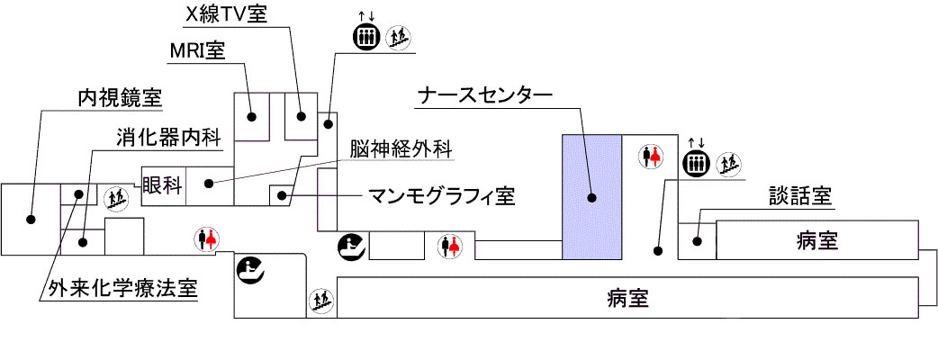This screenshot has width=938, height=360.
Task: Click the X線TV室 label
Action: [227, 15]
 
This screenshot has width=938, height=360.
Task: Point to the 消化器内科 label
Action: [168, 139]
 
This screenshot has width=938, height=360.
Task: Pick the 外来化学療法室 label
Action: [119, 290]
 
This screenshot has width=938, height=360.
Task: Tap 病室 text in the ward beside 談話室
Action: [818, 240]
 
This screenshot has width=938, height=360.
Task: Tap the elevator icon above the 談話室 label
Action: [694, 163]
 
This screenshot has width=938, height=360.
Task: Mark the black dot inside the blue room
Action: [591, 196]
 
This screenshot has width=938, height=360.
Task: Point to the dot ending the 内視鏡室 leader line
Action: [30, 219]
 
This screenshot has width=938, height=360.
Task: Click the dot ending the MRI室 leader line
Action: [254, 115]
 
